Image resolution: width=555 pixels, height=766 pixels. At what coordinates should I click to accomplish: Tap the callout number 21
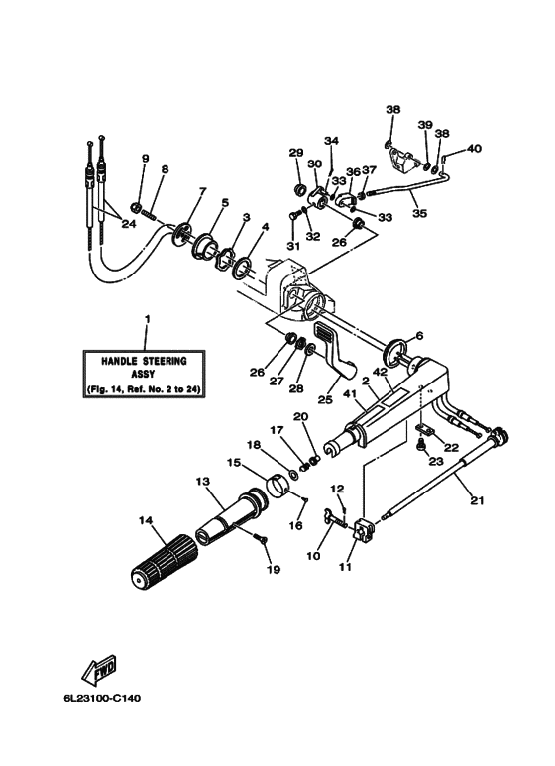[477, 501]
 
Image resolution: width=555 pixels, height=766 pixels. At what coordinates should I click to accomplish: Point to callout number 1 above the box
[147, 320]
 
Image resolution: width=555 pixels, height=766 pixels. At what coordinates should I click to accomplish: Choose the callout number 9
[145, 159]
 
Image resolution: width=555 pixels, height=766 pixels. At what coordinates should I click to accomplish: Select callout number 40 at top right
[474, 149]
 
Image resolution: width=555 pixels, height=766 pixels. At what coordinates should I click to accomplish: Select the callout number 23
[434, 461]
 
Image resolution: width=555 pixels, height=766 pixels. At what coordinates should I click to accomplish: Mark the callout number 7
[202, 192]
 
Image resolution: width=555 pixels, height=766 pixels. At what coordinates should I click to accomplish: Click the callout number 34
[331, 141]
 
